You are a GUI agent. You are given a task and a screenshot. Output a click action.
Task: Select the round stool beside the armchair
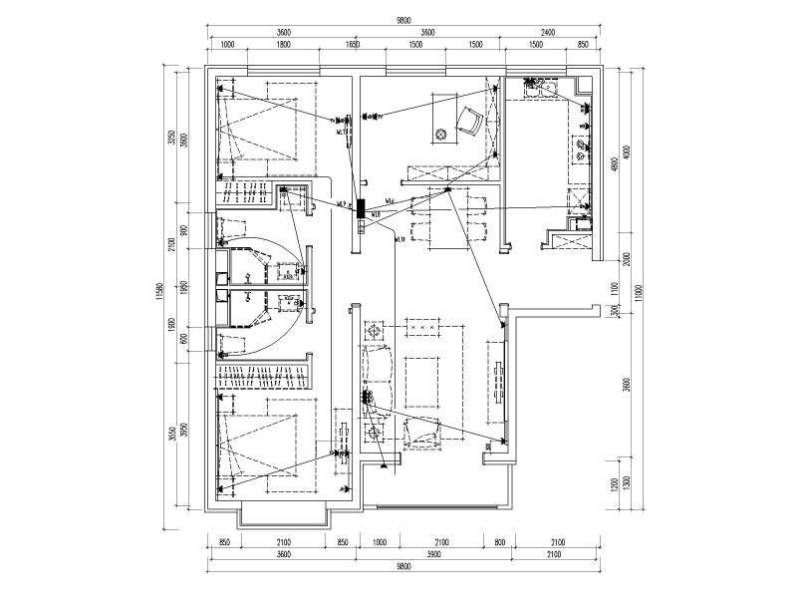pos(439,134)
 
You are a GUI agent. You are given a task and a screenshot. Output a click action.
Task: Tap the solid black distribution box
pos(362,210)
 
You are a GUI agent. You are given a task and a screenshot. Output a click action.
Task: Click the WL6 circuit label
pos(390,202)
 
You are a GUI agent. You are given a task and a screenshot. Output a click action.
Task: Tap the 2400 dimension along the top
pos(553,33)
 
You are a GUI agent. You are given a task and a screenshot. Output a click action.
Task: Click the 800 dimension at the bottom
pos(498,543)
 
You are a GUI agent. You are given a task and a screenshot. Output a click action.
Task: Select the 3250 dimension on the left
pos(171,137)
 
